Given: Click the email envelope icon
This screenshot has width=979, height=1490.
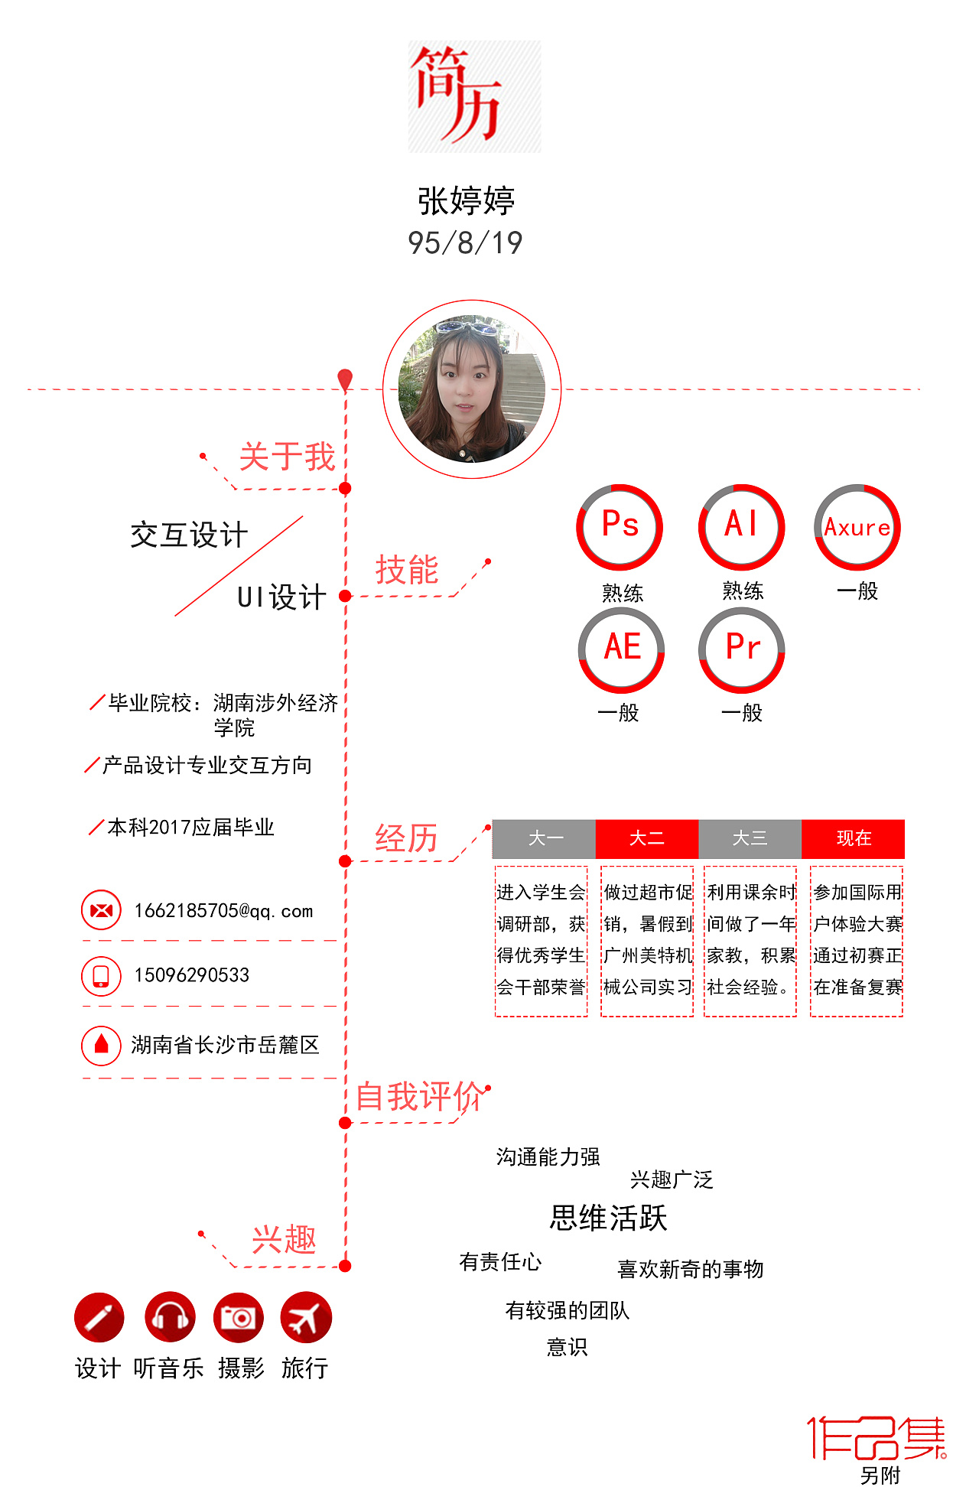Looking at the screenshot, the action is point(101,910).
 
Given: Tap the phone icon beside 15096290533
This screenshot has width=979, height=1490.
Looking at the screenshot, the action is point(101,976).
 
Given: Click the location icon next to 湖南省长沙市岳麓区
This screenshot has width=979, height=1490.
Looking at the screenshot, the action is point(101,1045).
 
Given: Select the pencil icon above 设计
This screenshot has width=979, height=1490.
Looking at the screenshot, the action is point(99,1317).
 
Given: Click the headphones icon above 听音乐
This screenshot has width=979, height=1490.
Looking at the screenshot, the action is point(170,1317).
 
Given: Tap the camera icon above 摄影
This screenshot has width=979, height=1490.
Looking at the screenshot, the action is point(239,1317).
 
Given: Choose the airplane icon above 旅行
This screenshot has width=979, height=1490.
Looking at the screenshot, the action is point(306,1317).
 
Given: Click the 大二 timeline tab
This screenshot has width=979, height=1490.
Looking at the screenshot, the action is point(647,839).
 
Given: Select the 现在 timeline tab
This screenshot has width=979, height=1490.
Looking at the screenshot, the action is point(854,839).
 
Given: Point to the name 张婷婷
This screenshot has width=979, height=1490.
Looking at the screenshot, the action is point(467,201).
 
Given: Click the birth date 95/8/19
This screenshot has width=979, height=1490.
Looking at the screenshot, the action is point(465,243).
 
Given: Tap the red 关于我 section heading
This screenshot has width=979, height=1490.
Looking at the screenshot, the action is point(288,457).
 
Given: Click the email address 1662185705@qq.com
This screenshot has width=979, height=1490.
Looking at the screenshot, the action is point(223,911).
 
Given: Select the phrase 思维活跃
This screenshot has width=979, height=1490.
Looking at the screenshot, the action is point(609,1218).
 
